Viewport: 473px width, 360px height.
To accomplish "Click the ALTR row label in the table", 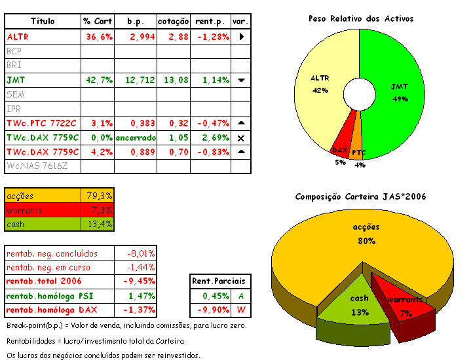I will click(18, 37).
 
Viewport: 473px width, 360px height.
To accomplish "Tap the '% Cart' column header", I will click(98, 22).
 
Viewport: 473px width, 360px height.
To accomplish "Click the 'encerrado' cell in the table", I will click(136, 137).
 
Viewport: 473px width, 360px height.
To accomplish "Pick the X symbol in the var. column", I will click(241, 138).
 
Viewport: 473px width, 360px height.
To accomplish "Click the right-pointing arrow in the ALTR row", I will click(241, 37).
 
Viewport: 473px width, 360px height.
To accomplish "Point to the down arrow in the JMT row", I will click(241, 80).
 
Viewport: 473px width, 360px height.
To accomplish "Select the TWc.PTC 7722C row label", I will click(41, 123).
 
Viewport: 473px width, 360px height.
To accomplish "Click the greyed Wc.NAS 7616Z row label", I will click(37, 166).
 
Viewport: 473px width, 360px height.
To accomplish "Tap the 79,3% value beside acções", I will click(100, 196).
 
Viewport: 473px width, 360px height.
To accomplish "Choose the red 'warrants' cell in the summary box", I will click(43, 210).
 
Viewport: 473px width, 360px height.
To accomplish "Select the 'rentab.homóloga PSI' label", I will click(50, 297).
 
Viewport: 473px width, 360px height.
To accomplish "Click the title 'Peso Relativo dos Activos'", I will click(361, 18).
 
